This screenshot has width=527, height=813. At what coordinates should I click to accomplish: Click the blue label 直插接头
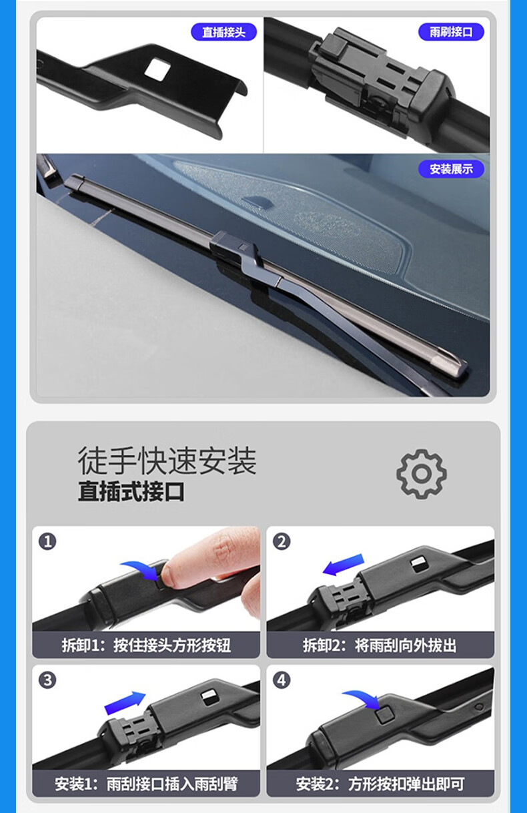pyautogui.click(x=223, y=32)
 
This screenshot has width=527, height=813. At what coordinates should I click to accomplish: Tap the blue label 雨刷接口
pyautogui.click(x=451, y=32)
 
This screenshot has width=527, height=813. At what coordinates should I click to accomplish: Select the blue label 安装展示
pyautogui.click(x=451, y=169)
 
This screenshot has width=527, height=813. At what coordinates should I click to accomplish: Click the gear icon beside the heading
pyautogui.click(x=422, y=474)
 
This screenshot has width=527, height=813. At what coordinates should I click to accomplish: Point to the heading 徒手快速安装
pyautogui.click(x=167, y=461)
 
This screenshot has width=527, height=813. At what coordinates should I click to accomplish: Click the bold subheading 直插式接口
pyautogui.click(x=131, y=491)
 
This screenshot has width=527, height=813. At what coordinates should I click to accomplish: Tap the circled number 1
pyautogui.click(x=47, y=542)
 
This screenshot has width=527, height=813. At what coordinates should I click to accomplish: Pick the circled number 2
pyautogui.click(x=282, y=542)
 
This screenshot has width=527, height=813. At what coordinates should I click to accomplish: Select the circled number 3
pyautogui.click(x=47, y=680)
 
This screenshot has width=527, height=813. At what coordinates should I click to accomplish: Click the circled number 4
pyautogui.click(x=282, y=680)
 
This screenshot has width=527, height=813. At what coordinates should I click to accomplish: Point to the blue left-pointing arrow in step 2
pyautogui.click(x=343, y=565)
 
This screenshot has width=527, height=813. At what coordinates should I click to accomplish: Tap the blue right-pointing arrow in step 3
pyautogui.click(x=125, y=703)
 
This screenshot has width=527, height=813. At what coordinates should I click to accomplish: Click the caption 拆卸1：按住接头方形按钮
pyautogui.click(x=146, y=645)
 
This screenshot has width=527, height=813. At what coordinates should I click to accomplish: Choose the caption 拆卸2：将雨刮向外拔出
pyautogui.click(x=380, y=645)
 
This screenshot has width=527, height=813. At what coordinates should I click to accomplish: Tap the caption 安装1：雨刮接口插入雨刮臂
pyautogui.click(x=146, y=784)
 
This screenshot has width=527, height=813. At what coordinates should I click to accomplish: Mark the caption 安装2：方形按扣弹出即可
pyautogui.click(x=380, y=784)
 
